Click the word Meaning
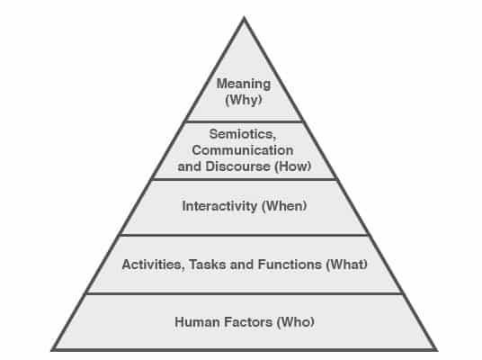(x=244, y=84)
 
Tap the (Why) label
(x=244, y=100)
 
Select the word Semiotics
(x=243, y=134)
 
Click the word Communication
(x=243, y=150)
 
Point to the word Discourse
(x=237, y=166)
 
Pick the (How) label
(x=292, y=166)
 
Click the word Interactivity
(x=219, y=206)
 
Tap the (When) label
(x=284, y=206)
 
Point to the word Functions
(x=290, y=265)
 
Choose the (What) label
(x=347, y=265)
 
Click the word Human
(x=197, y=322)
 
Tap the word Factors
(x=248, y=322)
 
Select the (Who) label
(x=296, y=322)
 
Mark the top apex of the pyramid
(x=244, y=17)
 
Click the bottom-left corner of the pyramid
(x=52, y=349)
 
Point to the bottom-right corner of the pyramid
(x=436, y=349)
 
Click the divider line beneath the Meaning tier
(x=245, y=121)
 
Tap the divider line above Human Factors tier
(x=245, y=293)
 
